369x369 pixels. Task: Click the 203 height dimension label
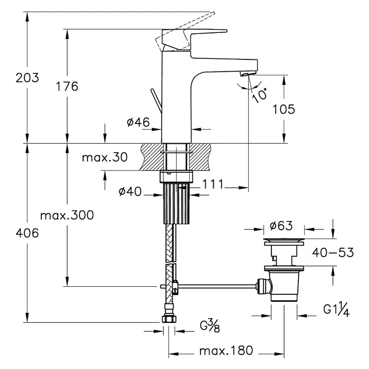(27, 77)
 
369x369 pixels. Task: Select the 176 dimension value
(67, 86)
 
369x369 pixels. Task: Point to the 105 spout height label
(284, 109)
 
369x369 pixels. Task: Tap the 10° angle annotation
(260, 95)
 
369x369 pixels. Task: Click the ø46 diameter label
(138, 122)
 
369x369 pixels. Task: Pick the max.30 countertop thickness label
(105, 157)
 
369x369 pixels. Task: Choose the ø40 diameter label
(130, 191)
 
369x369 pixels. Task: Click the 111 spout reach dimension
(213, 184)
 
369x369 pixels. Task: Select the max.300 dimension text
(67, 215)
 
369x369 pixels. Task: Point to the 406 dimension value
(27, 233)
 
